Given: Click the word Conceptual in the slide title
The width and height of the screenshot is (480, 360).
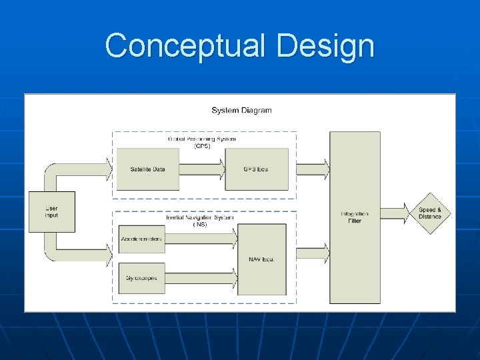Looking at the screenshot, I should point(184,46).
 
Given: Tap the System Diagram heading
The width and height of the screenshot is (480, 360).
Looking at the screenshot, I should point(241,110).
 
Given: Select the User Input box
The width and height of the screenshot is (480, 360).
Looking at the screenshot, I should point(51,212).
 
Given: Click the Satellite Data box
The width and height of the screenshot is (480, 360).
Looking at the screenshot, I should point(147,169).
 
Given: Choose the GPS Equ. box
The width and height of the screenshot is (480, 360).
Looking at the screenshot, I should point(256,169).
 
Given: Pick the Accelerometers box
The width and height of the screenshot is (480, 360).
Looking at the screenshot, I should point(141,239).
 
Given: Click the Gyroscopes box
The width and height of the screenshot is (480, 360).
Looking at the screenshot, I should point(141,277).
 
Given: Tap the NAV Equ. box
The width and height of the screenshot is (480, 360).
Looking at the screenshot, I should point(262,259).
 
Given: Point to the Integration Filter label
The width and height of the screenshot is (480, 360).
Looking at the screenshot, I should point(355,217).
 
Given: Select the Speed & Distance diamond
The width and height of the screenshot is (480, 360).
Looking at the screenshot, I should point(430,213).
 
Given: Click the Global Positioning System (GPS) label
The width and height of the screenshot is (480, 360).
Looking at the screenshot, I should point(202,142).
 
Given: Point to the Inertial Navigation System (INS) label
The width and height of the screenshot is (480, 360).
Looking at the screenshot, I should point(200,221).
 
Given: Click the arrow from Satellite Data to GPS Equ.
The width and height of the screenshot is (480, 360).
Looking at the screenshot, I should point(203,169).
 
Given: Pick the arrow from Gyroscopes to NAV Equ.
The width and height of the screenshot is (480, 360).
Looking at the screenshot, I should point(200,277).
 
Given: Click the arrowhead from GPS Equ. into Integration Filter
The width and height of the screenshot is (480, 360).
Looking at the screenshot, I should point(325,169).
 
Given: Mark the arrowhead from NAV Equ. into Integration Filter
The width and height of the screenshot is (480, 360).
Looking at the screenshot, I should point(325,253).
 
